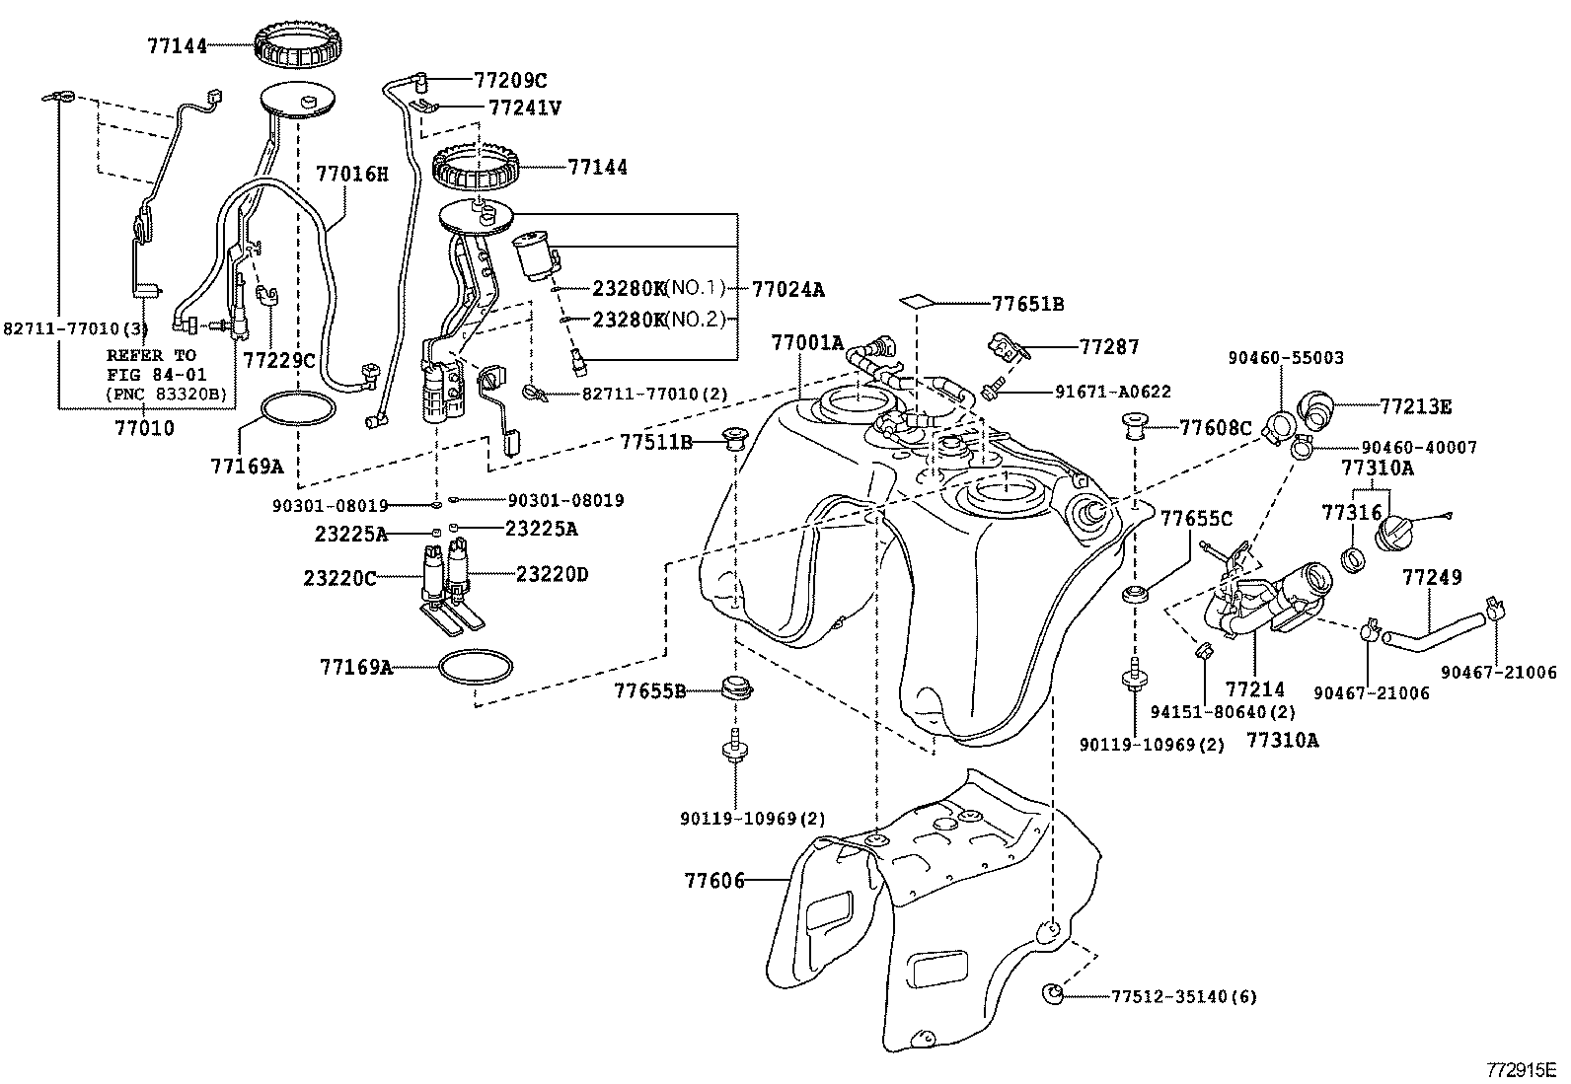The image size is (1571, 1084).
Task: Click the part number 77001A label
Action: click(807, 343)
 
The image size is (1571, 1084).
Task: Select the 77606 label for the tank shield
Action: click(714, 880)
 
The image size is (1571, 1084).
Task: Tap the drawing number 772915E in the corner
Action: click(1526, 1070)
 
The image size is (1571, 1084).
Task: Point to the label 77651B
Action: click(1027, 305)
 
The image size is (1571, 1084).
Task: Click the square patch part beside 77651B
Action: click(918, 302)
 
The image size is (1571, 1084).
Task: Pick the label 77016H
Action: click(351, 174)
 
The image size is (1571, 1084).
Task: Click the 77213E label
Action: click(1415, 406)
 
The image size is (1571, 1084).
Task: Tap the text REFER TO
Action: click(151, 355)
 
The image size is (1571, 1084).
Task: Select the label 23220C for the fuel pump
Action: click(339, 578)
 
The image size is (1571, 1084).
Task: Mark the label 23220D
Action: click(552, 575)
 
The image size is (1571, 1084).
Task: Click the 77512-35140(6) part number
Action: click(1184, 996)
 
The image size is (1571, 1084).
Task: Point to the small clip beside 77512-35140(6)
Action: click(1051, 993)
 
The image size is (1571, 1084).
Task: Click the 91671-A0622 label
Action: click(1113, 392)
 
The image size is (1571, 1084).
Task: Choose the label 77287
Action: click(1109, 346)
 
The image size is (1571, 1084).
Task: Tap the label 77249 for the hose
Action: click(1432, 577)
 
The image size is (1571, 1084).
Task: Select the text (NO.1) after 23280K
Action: click(695, 288)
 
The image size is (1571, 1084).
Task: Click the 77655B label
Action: click(650, 691)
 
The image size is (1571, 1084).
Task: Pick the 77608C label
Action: click(1216, 428)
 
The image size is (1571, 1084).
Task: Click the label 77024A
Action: click(788, 290)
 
